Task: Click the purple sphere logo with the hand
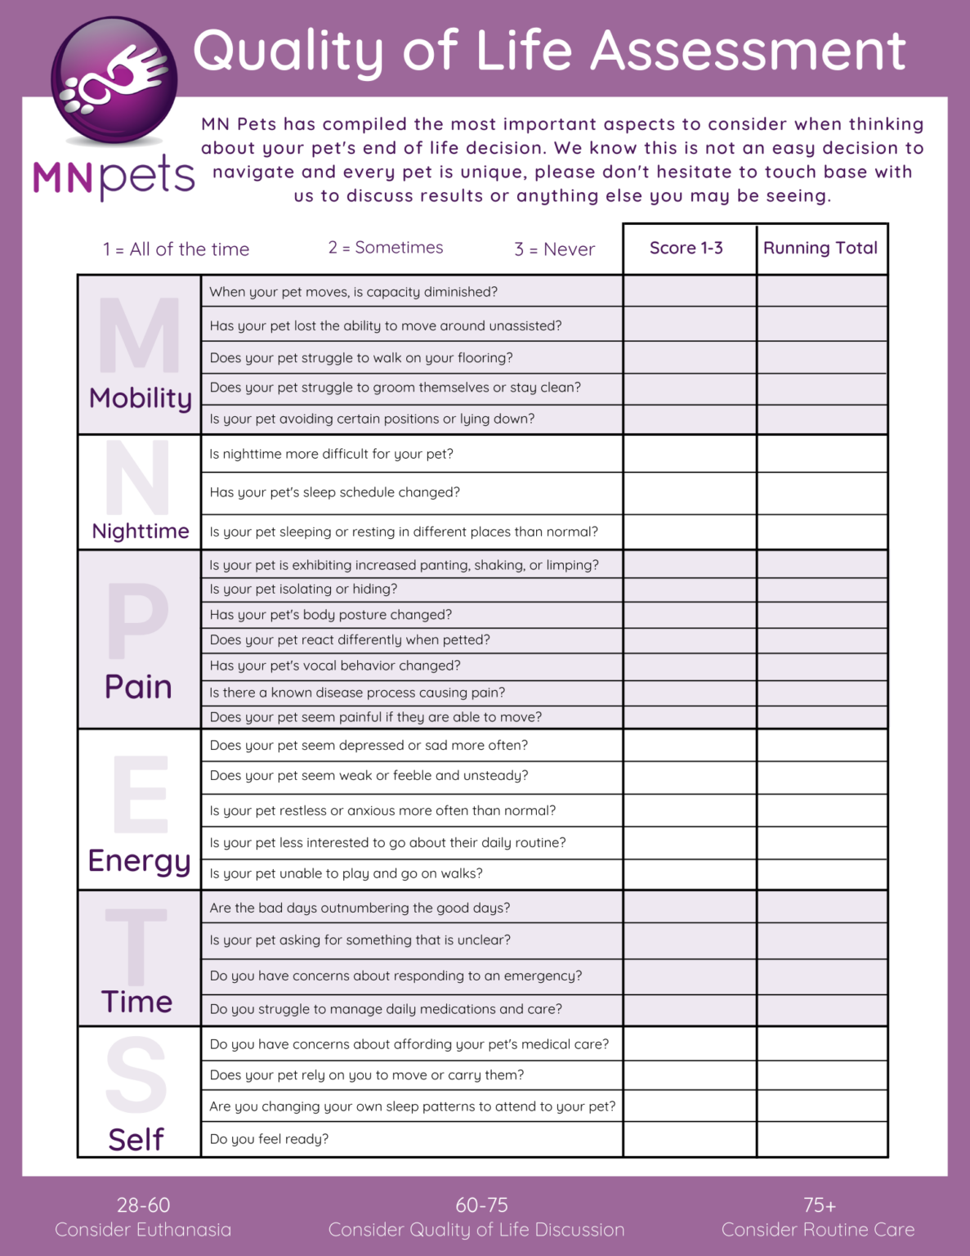pos(114,80)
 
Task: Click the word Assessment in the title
pos(748,51)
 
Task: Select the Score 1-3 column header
pos(686,249)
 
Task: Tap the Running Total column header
pos(820,249)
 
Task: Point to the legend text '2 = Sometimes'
pos(386,248)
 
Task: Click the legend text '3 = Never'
pos(555,249)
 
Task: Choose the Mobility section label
pos(141,398)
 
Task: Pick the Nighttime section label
pos(141,532)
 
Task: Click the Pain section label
pos(138,687)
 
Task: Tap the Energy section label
pos(139,861)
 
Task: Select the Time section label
pos(136,1002)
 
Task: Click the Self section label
pos(136,1139)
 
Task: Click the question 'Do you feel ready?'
pos(269,1139)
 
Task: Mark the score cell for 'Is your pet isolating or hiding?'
pos(689,590)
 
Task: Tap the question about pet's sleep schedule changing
pos(334,492)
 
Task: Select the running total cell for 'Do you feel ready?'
pos(821,1139)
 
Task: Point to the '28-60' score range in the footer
pos(143,1205)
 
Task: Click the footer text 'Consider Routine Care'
pos(818,1230)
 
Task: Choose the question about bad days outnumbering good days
pos(360,908)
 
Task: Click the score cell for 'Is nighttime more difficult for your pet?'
pos(689,454)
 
